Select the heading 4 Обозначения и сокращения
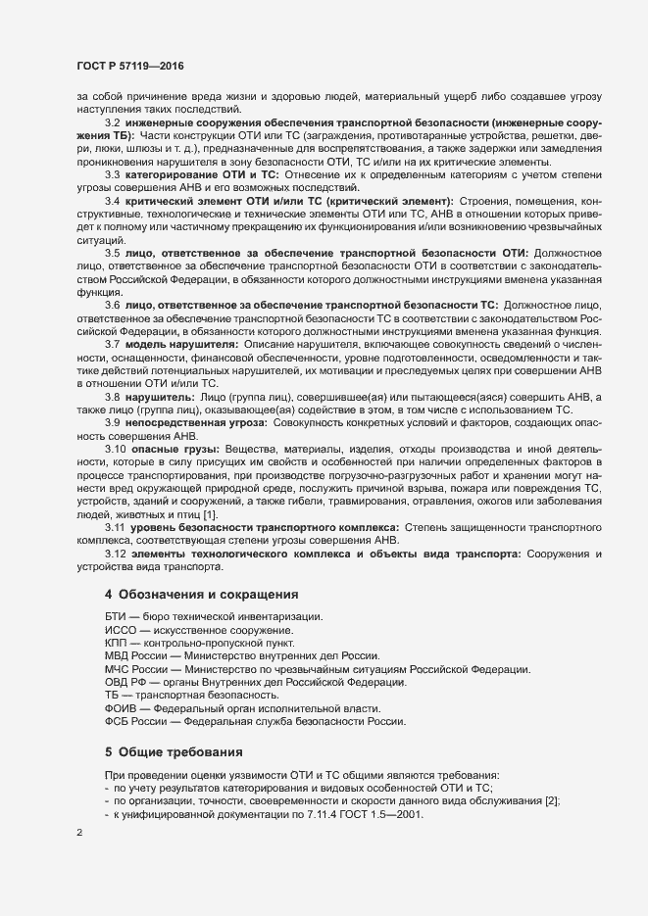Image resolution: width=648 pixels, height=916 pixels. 202,595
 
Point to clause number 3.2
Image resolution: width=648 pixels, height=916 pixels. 112,121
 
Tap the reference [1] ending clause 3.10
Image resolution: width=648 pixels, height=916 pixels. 211,514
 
